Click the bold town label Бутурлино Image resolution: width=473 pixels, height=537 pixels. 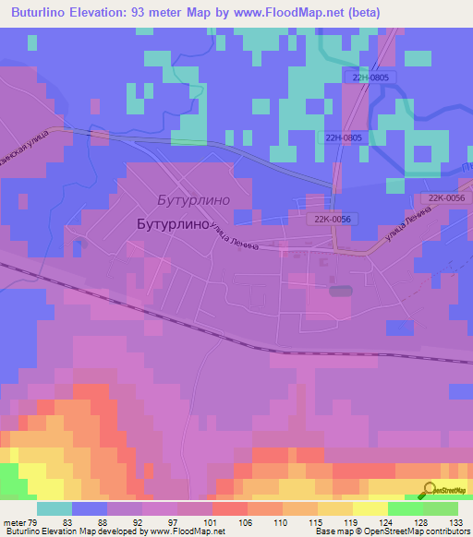[170, 223]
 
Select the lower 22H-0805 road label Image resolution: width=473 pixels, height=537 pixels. [345, 137]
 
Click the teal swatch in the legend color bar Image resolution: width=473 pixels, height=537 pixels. [54, 508]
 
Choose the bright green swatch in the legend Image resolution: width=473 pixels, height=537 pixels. [405, 508]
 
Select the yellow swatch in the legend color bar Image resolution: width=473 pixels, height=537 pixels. [370, 508]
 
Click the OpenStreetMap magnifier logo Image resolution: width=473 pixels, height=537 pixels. [429, 489]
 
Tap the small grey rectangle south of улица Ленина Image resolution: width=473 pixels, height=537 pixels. [340, 291]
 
